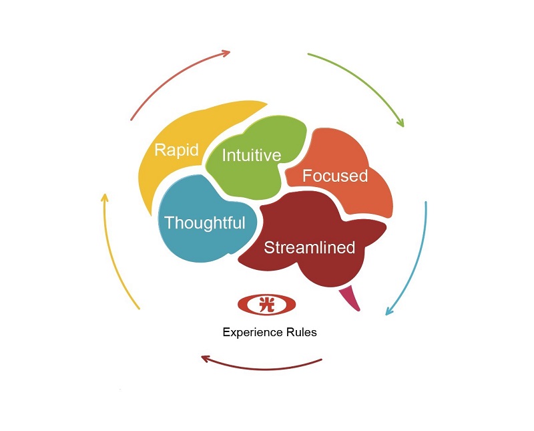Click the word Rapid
[176, 150]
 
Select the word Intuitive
[252, 155]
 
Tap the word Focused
[335, 176]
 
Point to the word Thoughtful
[205, 223]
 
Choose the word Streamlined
[309, 247]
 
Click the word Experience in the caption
[252, 333]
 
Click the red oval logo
[266, 304]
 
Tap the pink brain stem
[350, 297]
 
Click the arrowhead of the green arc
[401, 123]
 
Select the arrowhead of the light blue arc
[388, 311]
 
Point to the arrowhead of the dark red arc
[206, 358]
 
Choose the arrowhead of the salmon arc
[226, 53]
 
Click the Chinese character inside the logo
[266, 304]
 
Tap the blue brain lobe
[204, 222]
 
